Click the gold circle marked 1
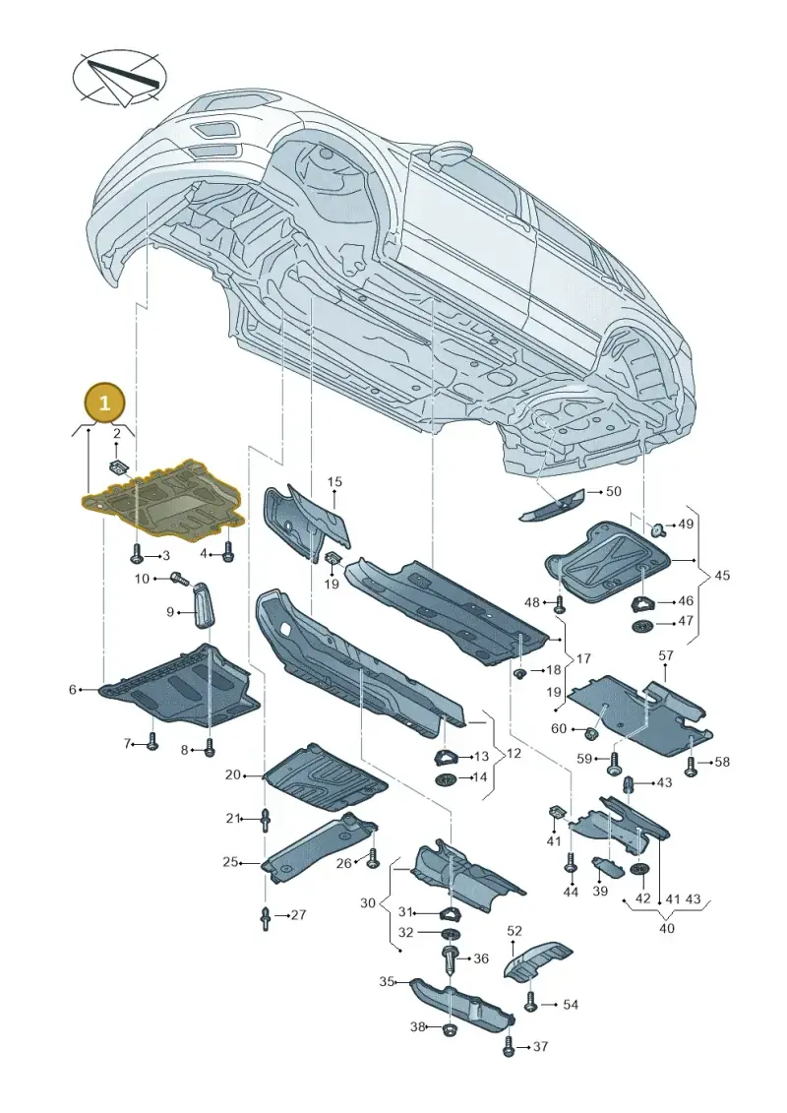coord(105,403)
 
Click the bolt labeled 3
coord(137,553)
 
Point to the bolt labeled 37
coord(509,1046)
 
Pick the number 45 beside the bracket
coord(721,575)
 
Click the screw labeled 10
coord(181,580)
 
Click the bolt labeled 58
coord(692,766)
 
